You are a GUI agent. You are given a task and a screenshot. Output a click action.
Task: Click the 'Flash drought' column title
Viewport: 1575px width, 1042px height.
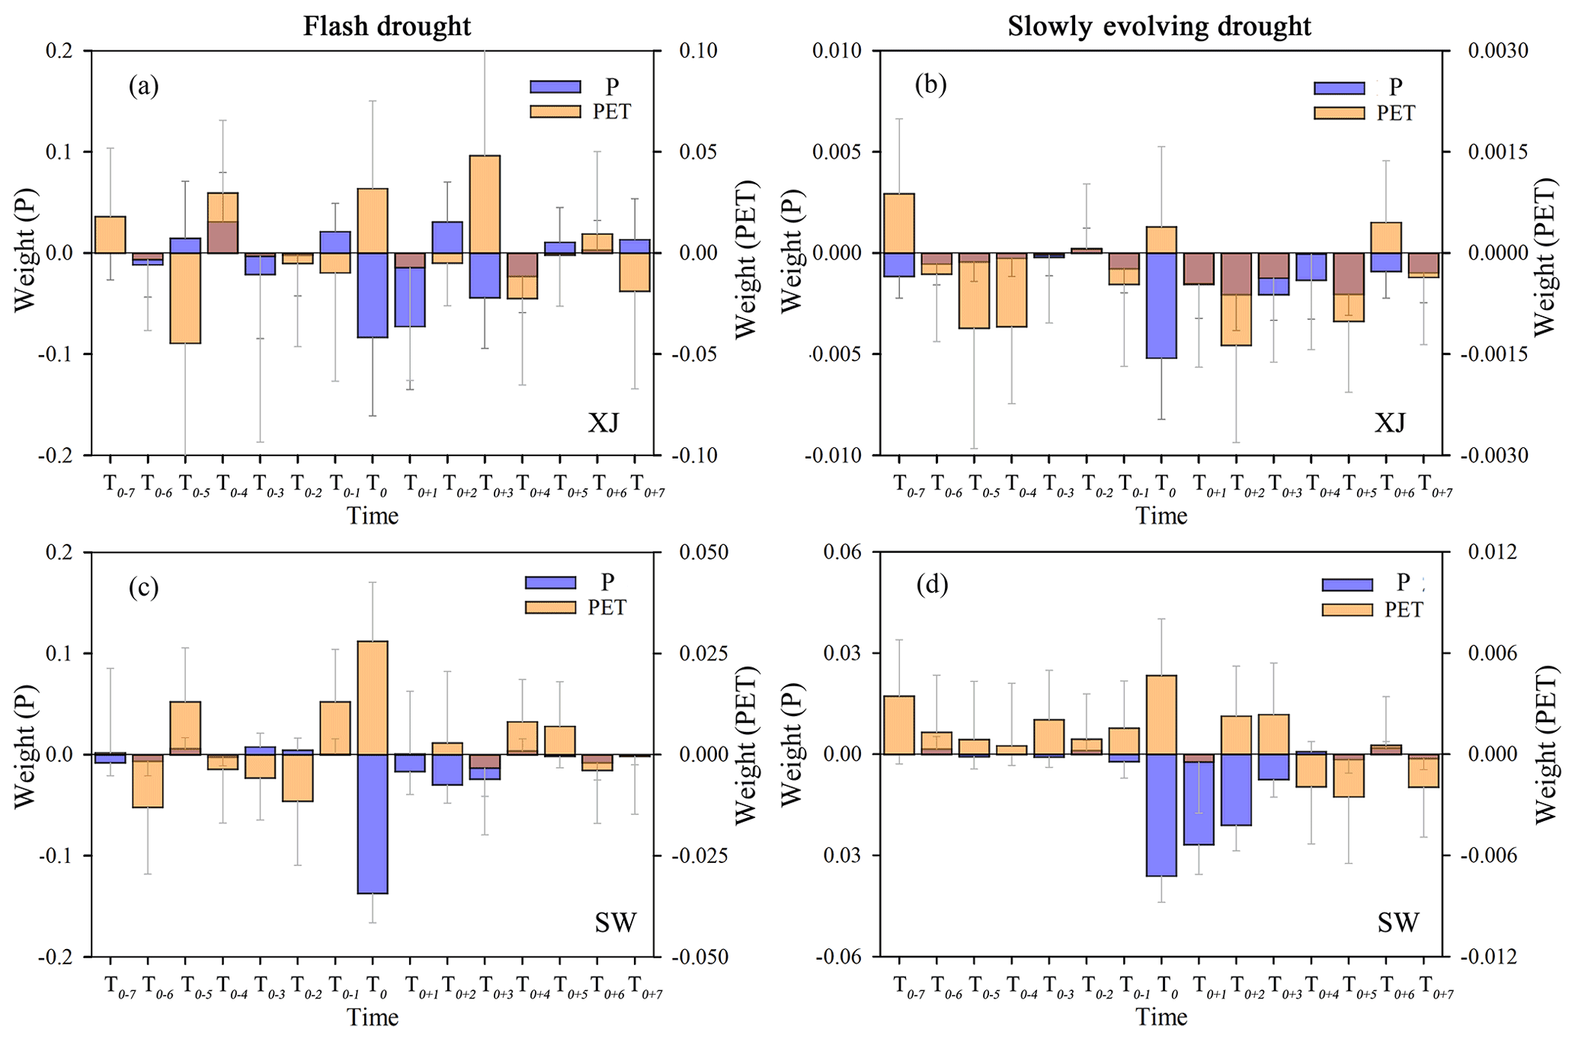(387, 26)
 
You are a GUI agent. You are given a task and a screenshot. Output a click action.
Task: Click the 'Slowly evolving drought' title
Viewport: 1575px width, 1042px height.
(1159, 26)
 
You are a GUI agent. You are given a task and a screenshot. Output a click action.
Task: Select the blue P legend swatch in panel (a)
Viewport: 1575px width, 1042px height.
(555, 87)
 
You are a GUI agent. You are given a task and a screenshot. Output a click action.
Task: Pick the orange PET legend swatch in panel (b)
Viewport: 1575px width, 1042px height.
(1339, 113)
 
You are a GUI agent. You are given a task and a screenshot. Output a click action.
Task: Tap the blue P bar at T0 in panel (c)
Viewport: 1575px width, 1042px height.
(373, 823)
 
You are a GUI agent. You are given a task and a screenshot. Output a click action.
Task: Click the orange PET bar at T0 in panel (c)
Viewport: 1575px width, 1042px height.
(373, 697)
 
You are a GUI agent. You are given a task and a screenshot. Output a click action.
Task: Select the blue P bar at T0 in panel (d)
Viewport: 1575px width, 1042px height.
(1161, 815)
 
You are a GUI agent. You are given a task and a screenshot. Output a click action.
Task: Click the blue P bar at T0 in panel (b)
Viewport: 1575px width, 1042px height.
(1161, 305)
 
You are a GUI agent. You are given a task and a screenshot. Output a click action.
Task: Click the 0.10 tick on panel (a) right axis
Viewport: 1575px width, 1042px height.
(697, 51)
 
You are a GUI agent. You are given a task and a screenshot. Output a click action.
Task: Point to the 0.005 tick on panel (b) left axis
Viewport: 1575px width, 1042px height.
(836, 152)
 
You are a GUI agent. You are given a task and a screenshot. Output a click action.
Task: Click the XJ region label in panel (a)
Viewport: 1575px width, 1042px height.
(603, 422)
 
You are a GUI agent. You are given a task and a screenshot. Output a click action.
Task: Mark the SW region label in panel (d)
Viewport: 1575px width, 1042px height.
(1398, 923)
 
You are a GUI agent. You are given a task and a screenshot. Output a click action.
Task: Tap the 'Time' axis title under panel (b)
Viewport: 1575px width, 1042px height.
(1161, 516)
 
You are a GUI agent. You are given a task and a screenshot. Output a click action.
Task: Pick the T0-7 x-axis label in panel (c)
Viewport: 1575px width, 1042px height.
(118, 987)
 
